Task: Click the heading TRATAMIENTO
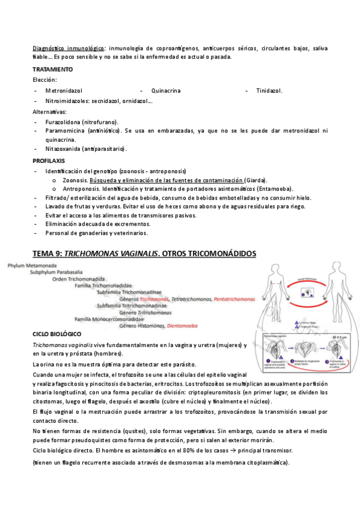click(53, 70)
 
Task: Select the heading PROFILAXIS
click(49, 161)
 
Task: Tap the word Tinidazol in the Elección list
click(269, 91)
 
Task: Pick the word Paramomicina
click(65, 131)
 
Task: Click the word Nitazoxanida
click(64, 149)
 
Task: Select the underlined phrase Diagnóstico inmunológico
click(69, 48)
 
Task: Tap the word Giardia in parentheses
click(256, 180)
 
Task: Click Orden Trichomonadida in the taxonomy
click(78, 278)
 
